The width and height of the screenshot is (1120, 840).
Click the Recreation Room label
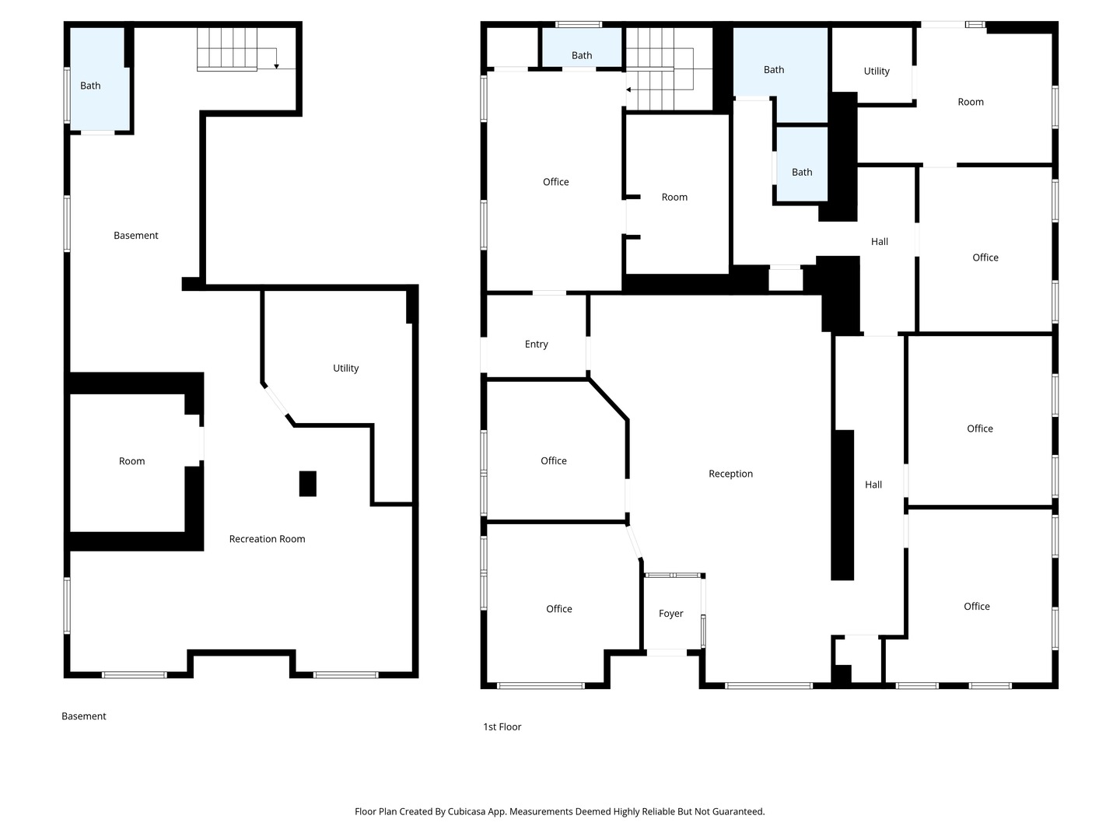(267, 538)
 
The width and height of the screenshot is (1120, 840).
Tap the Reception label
(730, 474)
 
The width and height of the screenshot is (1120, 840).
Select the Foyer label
(670, 614)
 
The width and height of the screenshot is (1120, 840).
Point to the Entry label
(536, 345)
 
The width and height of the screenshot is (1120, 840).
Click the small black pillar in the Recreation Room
(308, 484)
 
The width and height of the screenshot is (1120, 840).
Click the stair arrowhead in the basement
(277, 66)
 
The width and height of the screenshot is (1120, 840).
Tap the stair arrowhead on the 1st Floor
(628, 89)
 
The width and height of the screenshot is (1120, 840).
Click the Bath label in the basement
(90, 86)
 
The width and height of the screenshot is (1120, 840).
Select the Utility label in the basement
(345, 368)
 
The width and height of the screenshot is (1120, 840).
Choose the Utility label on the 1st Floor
(876, 72)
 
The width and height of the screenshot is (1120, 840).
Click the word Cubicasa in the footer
(464, 811)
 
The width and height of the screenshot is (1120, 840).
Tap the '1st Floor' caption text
(502, 726)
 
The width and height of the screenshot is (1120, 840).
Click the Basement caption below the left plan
(84, 716)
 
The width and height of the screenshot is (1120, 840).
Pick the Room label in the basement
(131, 461)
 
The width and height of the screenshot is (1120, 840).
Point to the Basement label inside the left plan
(136, 235)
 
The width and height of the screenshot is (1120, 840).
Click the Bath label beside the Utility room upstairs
(774, 70)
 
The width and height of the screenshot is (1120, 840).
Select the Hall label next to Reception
(873, 485)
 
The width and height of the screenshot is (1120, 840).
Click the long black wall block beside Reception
(842, 505)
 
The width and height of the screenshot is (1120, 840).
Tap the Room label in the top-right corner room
(971, 102)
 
